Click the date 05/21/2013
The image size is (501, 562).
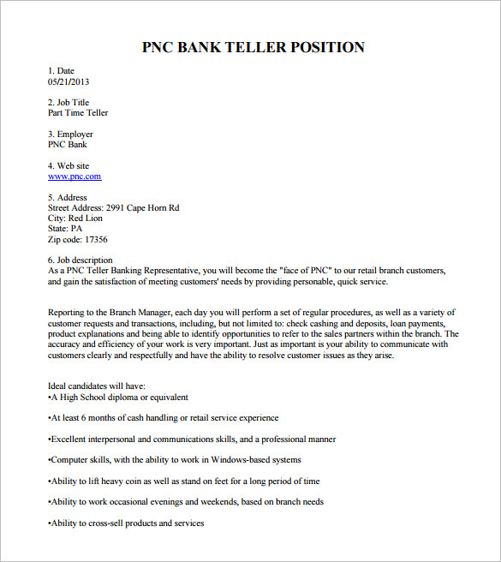point(69,81)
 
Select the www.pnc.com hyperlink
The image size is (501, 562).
point(75,176)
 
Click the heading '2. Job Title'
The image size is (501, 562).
point(69,103)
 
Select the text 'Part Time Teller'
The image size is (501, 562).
point(78,113)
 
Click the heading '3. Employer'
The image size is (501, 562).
point(70,135)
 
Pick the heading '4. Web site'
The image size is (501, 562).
point(69,166)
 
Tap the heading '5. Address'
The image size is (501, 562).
point(67,198)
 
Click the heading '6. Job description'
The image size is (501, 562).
point(81,260)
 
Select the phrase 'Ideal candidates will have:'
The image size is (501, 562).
point(97,386)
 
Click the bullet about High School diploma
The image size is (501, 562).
point(118,398)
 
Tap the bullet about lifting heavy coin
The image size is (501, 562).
point(184,481)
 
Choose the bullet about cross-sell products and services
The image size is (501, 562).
point(127,523)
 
